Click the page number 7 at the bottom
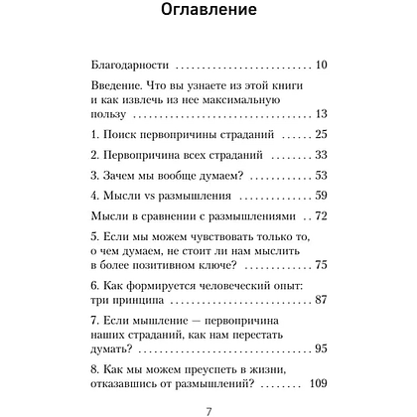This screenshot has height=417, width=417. tap(208, 410)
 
